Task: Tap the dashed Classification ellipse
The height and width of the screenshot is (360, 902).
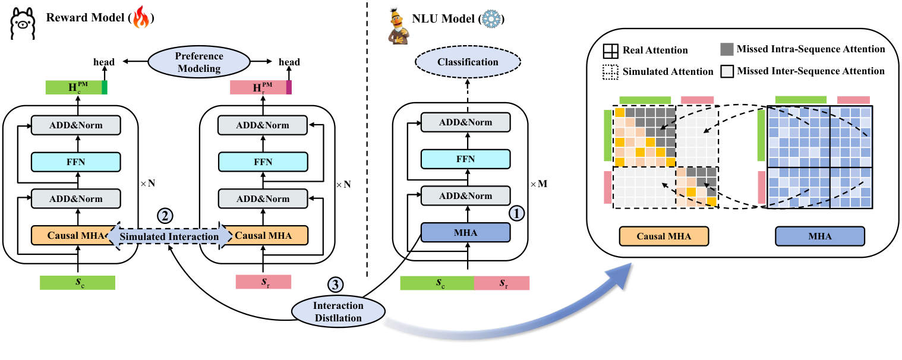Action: [468, 62]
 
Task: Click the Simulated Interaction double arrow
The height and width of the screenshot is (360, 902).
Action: [170, 236]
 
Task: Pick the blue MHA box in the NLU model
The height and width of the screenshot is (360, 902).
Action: [466, 232]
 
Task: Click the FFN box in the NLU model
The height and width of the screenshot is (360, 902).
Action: [466, 159]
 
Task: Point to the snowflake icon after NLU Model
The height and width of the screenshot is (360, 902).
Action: [491, 18]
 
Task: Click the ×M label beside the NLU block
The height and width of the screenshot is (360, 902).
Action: [538, 184]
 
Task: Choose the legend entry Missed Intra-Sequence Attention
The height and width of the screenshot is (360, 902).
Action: [802, 49]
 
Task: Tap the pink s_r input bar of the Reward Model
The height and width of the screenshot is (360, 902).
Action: [263, 282]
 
